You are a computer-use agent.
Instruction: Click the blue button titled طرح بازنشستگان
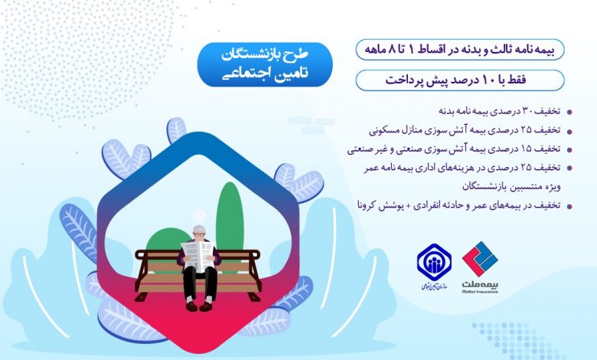pos(265,64)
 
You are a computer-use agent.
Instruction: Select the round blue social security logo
pos(434,262)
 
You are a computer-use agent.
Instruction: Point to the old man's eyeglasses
pos(198,235)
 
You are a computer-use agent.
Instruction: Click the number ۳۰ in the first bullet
pos(529,111)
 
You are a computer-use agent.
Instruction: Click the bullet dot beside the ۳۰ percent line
pos(569,112)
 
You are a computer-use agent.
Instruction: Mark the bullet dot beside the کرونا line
pos(569,207)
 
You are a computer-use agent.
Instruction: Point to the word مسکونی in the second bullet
pos(382,130)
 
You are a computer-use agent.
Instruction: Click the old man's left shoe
pos(206,306)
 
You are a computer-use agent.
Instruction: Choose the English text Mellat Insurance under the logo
pos(480,292)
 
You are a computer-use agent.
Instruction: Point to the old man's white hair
pos(198,229)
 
